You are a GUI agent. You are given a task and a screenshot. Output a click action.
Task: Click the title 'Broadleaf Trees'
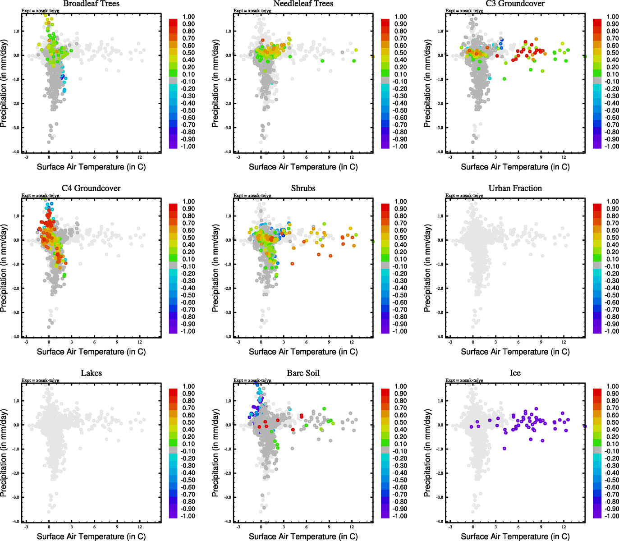[x=91, y=4]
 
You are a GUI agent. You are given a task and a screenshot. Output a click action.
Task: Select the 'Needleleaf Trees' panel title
[x=303, y=4]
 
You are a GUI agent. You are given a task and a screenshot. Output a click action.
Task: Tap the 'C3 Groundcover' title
[x=515, y=4]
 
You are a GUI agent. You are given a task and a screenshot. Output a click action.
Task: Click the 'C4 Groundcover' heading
[x=91, y=188]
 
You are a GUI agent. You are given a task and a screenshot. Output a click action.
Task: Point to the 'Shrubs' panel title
[x=303, y=188]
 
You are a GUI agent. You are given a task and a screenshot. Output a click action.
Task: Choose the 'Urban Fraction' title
[x=515, y=188]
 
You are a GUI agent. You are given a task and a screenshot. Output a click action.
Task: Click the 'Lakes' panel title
[x=91, y=373]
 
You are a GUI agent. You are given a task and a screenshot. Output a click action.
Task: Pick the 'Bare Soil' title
[x=303, y=373]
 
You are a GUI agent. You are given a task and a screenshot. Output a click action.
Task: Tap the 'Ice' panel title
[x=515, y=373]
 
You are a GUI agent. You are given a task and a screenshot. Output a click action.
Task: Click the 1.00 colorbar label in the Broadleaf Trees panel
[x=188, y=17]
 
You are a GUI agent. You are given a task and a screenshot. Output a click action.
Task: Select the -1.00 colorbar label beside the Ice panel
[x=612, y=516]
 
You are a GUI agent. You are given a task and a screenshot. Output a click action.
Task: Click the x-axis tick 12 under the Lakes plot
[x=140, y=527]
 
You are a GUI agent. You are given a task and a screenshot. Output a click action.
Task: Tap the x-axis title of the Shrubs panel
[x=303, y=352]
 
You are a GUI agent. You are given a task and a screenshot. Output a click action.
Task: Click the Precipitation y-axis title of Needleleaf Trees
[x=215, y=83]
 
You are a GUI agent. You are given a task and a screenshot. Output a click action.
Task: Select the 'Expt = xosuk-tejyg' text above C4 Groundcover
[x=40, y=196]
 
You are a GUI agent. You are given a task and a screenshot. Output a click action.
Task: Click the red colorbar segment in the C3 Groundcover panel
[x=597, y=23]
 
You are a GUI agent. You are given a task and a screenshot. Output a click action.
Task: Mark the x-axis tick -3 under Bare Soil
[x=238, y=527]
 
